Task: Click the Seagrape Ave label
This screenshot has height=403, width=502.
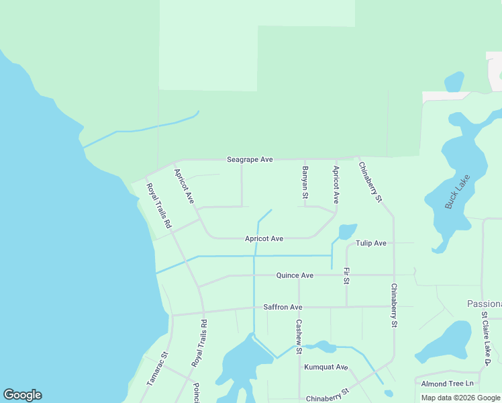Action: pyautogui.click(x=250, y=160)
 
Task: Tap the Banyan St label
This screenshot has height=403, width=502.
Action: pyautogui.click(x=305, y=183)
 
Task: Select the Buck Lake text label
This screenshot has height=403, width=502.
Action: pyautogui.click(x=458, y=193)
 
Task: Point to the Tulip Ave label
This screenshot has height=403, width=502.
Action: pyautogui.click(x=371, y=243)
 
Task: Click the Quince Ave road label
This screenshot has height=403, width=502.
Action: pyautogui.click(x=295, y=275)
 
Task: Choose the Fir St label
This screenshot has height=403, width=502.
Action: pyautogui.click(x=346, y=275)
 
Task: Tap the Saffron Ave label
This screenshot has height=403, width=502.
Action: pyautogui.click(x=283, y=307)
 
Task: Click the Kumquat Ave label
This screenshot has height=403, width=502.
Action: pyautogui.click(x=326, y=367)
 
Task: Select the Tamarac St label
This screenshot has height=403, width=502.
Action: pyautogui.click(x=157, y=368)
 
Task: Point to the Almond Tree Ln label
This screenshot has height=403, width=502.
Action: pyautogui.click(x=448, y=384)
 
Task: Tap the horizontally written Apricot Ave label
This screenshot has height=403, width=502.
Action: pyautogui.click(x=264, y=238)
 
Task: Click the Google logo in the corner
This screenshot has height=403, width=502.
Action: pyautogui.click(x=22, y=395)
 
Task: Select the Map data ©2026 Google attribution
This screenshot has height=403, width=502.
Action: pyautogui.click(x=460, y=398)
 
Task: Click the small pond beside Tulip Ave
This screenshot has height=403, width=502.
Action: pyautogui.click(x=347, y=232)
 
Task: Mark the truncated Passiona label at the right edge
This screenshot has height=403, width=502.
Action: pyautogui.click(x=484, y=304)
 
